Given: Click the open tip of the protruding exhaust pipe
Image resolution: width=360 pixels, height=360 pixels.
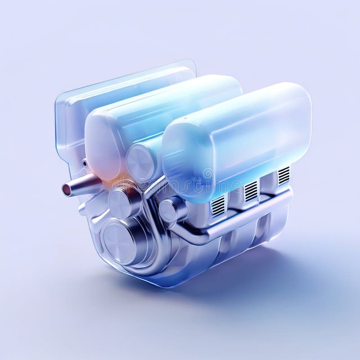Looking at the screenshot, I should (66, 189).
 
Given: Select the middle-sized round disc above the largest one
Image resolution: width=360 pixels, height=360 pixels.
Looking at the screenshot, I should (121, 202).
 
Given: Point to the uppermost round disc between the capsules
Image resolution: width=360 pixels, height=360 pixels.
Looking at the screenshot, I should (141, 160).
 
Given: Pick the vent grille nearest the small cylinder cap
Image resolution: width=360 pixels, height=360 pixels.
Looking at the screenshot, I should (218, 206).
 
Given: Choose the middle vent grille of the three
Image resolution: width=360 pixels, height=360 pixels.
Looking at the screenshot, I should (251, 191).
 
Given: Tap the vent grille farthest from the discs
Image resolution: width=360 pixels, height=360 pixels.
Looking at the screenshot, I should (283, 175).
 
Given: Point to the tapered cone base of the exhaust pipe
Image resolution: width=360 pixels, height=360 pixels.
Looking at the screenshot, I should (90, 182).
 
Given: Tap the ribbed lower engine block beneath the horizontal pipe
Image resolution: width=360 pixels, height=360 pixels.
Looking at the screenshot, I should (238, 245).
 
